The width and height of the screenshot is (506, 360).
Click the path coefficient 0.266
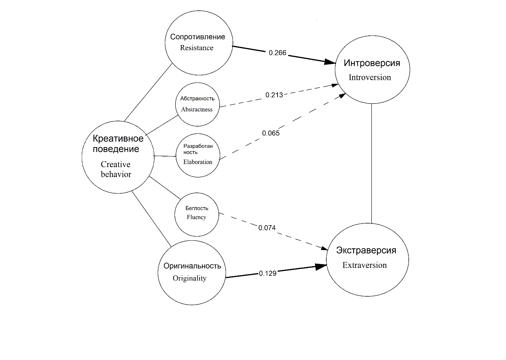(x=277, y=53)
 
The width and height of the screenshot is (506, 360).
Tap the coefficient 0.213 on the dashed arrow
(x=274, y=95)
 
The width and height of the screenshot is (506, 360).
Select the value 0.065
(x=271, y=133)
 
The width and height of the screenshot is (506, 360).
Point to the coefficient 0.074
(x=267, y=228)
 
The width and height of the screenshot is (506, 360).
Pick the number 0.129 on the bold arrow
(x=268, y=273)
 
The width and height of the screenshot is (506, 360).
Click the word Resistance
(x=196, y=48)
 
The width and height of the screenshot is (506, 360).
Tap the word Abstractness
(x=197, y=109)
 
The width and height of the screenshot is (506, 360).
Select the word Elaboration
(x=198, y=162)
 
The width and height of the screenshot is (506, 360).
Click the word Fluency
(x=196, y=217)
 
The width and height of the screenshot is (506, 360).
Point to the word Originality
(x=190, y=278)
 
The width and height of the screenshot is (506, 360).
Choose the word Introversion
(x=370, y=77)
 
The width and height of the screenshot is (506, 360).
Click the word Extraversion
(x=364, y=265)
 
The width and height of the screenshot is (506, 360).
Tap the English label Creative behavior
(x=116, y=169)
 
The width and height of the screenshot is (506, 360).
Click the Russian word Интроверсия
(x=372, y=63)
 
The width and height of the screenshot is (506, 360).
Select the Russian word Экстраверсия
(x=366, y=250)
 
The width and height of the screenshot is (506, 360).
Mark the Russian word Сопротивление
(x=198, y=37)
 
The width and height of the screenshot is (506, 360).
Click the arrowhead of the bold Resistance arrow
(x=330, y=62)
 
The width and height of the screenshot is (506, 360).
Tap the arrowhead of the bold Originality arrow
(x=322, y=266)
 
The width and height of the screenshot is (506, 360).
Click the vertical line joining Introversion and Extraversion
(x=371, y=163)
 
